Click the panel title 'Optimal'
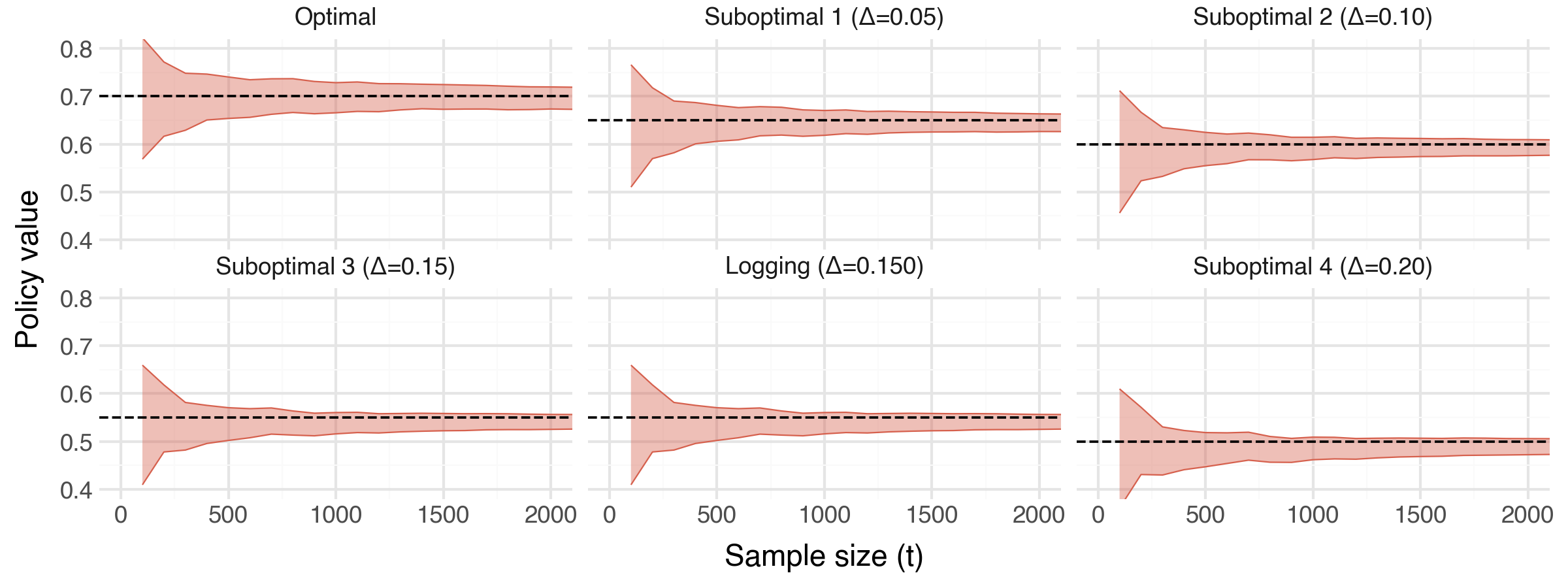click(x=335, y=17)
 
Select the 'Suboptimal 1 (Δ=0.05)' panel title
click(x=824, y=17)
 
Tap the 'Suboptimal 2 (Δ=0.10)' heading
click(x=1313, y=17)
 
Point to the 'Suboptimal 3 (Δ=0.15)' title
click(x=335, y=267)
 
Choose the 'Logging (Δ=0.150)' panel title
click(x=824, y=267)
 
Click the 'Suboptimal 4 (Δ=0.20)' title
click(x=1313, y=267)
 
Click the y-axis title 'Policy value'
click(x=27, y=269)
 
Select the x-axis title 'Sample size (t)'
click(x=824, y=556)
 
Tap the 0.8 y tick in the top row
click(x=76, y=50)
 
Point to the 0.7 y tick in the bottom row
click(x=76, y=347)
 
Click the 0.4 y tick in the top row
click(x=76, y=241)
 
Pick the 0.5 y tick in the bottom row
click(x=76, y=443)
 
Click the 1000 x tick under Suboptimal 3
click(x=336, y=515)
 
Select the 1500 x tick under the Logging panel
click(x=932, y=515)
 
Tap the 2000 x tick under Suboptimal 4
click(x=1527, y=515)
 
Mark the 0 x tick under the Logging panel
click(x=610, y=515)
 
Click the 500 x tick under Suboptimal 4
click(x=1205, y=515)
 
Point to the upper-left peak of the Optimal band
click(x=143, y=40)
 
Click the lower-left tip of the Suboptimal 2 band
click(x=1120, y=212)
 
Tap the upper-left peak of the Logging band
click(x=631, y=365)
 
